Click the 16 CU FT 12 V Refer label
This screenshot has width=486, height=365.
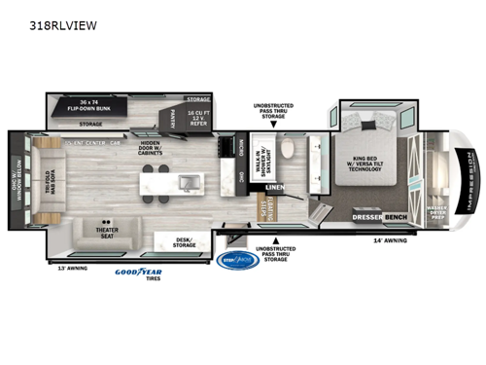tap(198, 116)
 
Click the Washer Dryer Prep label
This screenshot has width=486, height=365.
tap(436, 210)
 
